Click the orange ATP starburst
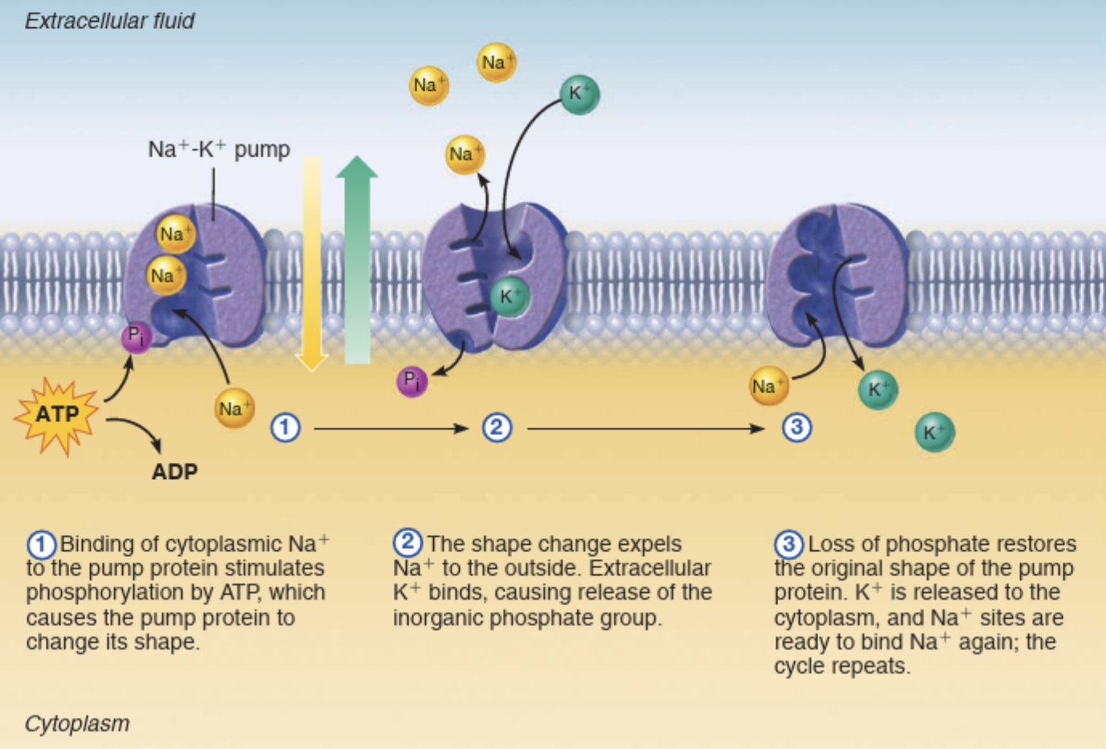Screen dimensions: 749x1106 pos(57,415)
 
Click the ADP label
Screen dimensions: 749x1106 pos(174,472)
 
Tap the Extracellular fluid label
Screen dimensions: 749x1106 pos(109,21)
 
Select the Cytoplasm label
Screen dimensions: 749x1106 pos(77,723)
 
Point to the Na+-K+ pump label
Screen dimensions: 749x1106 pos(219,149)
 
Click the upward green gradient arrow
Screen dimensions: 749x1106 pos(357,257)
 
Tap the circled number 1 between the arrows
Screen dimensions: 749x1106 pos(285,428)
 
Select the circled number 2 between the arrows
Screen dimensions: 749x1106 pos(497,427)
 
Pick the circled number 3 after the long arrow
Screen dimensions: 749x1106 pos(797,427)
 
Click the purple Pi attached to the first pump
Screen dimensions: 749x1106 pos(136,337)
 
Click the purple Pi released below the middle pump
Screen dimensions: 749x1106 pos(412,381)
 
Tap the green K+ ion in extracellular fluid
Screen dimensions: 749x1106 pos(580,94)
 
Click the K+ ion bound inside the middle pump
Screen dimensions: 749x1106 pos(509,296)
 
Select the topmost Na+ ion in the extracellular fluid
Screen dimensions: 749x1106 pos(496,63)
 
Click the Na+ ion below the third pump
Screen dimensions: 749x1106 pos(768,387)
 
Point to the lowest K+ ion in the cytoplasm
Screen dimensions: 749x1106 pos(934,432)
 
